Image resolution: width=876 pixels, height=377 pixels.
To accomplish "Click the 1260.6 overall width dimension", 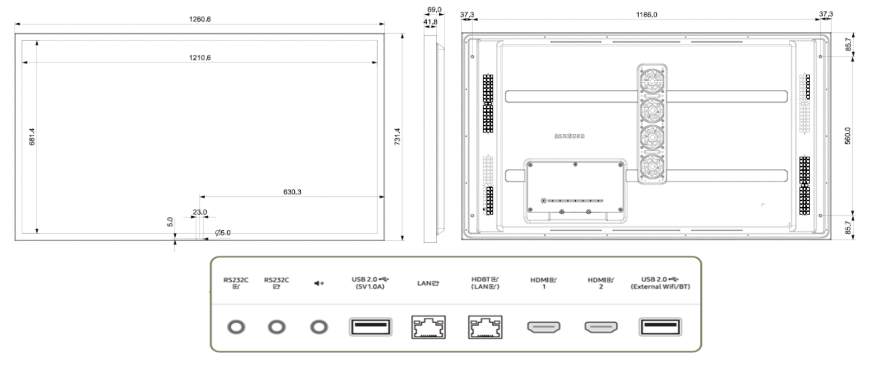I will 200,19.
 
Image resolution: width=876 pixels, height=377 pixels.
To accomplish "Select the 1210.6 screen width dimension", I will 200,58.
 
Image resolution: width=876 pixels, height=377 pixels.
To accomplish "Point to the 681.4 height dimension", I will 32,136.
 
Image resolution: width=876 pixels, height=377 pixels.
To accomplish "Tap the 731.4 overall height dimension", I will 397,136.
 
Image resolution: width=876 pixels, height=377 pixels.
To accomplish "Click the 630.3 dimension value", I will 292,192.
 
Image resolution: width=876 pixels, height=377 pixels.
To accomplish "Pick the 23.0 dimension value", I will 199,212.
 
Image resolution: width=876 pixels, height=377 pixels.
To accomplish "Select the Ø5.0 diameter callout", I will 223,233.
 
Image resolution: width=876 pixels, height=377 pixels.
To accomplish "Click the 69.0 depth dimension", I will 434,10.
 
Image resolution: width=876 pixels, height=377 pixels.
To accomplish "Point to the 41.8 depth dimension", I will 430,21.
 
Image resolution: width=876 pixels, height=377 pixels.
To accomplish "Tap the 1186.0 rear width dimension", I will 647,15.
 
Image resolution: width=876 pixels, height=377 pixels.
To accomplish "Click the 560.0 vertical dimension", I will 847,136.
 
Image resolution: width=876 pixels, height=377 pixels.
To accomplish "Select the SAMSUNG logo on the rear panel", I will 569,136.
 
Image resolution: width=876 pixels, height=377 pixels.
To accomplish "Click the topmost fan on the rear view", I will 652,81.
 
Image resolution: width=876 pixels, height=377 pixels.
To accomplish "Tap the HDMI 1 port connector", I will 543,327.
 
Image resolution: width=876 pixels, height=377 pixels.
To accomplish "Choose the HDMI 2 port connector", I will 601,327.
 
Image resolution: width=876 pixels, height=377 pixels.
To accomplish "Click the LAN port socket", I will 428,327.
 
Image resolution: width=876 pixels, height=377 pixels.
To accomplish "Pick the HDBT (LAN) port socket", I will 485,327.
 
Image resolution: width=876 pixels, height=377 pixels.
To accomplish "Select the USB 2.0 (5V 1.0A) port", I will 370,327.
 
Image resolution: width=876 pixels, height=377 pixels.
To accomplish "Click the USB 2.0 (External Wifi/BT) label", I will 660,283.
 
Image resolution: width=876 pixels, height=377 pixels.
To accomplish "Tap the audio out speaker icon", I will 319,283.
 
